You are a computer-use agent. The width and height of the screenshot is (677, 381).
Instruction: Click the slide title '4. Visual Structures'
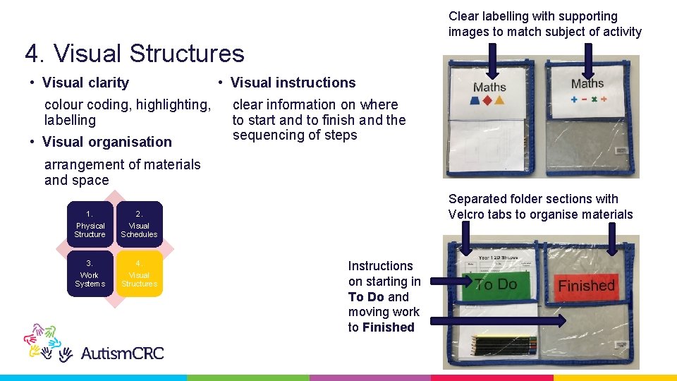click(x=135, y=54)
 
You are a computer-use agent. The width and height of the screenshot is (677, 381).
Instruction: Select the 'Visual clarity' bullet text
click(x=85, y=83)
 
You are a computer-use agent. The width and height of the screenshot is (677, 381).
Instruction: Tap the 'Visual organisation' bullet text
click(x=106, y=142)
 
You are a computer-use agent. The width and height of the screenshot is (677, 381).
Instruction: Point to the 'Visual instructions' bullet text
click(x=293, y=83)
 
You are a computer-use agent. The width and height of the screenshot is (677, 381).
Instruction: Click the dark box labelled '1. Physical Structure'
click(x=90, y=224)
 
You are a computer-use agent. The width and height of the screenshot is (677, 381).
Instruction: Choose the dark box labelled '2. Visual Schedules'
click(x=139, y=224)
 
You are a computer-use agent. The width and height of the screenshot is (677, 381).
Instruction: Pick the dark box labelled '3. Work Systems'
click(x=90, y=274)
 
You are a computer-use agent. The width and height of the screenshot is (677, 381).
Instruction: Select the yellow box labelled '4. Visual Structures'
click(x=139, y=274)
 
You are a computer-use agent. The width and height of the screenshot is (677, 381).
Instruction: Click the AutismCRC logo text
click(x=122, y=352)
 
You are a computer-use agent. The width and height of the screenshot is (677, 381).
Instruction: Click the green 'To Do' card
click(x=496, y=284)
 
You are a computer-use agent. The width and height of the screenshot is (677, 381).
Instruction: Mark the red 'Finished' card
click(x=587, y=286)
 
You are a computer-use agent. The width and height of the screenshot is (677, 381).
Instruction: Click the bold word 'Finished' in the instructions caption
click(x=388, y=327)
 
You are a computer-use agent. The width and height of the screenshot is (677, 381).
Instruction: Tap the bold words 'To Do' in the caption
click(x=365, y=297)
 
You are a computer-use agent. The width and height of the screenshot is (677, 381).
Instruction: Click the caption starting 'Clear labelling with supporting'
click(x=544, y=24)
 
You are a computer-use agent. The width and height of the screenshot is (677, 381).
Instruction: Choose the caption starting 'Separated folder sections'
click(x=540, y=207)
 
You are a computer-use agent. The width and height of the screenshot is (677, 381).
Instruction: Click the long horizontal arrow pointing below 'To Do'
click(x=497, y=320)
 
